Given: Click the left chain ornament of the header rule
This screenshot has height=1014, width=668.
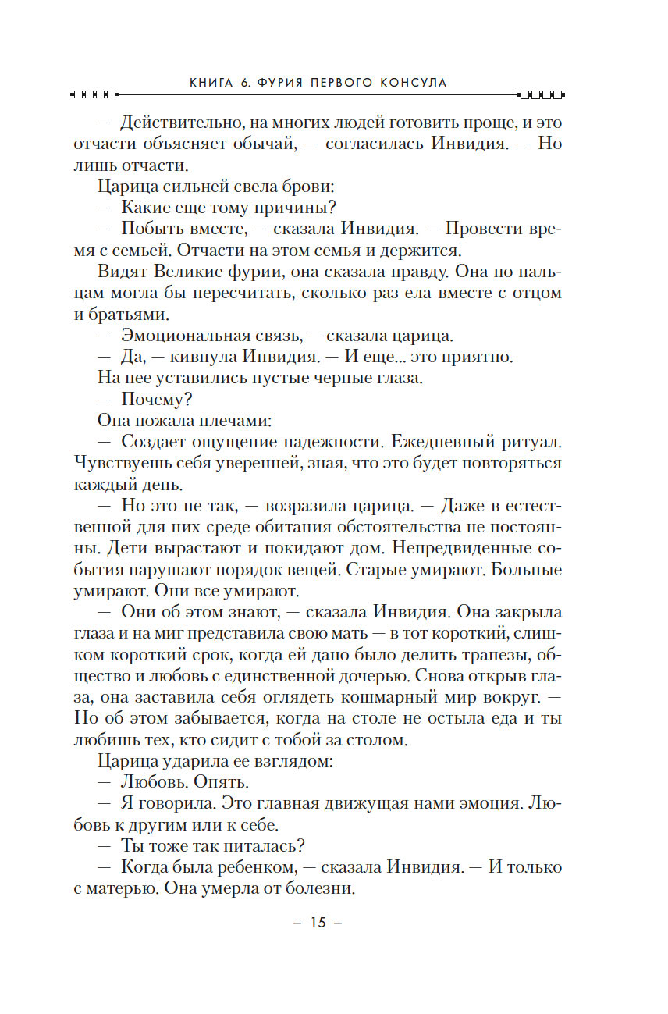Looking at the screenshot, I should click(x=93, y=96).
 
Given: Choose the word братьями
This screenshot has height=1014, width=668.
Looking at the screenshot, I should click(x=126, y=314).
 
